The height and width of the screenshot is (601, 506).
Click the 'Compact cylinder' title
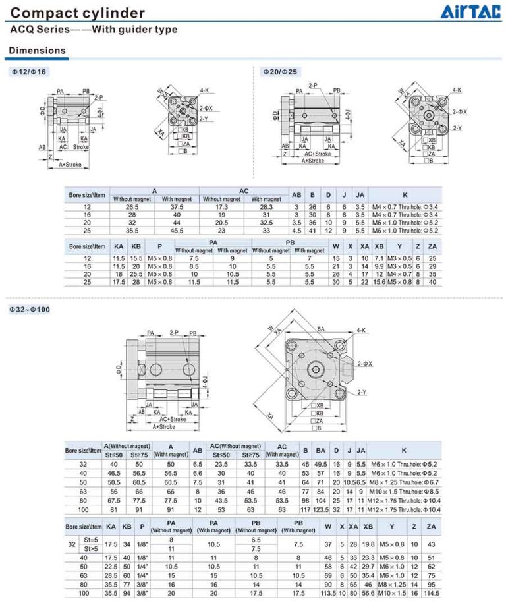click(78, 13)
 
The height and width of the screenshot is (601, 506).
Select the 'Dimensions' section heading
click(37, 50)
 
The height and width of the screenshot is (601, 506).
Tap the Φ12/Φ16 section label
click(29, 71)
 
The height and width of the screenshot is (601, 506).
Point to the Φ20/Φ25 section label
click(279, 71)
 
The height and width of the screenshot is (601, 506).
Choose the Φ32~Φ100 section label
click(32, 308)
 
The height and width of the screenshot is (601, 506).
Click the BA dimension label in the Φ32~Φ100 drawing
click(321, 328)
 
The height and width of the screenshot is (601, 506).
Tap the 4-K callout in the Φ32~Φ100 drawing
click(361, 330)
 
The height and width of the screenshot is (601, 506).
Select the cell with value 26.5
click(132, 206)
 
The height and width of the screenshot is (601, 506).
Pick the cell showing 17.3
click(221, 206)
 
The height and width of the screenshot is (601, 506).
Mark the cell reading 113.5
click(327, 592)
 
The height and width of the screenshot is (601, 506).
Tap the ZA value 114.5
click(432, 592)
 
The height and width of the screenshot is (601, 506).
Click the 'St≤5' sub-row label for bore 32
click(91, 539)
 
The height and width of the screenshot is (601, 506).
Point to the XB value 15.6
click(379, 282)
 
